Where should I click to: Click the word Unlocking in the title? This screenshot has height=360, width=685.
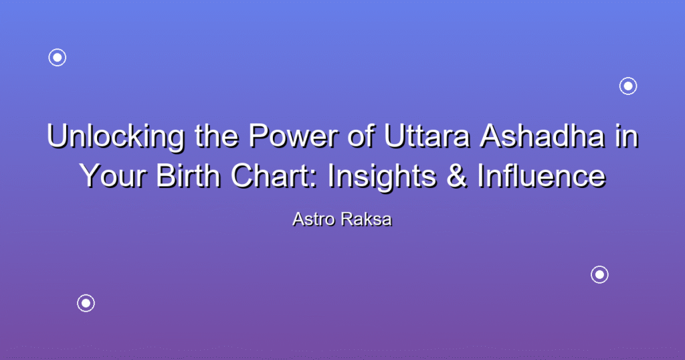(x=116, y=137)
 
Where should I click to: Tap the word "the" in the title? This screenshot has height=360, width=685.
(x=217, y=135)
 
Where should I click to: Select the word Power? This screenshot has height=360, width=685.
(x=294, y=135)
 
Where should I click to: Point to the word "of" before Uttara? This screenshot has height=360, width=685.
(x=361, y=135)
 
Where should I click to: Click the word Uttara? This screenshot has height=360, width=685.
(x=427, y=135)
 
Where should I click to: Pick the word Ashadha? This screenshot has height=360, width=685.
(x=542, y=135)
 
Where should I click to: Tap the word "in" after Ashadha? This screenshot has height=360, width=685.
(x=626, y=135)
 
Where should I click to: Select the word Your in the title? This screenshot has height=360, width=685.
(x=112, y=175)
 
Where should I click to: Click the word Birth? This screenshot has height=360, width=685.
(x=188, y=175)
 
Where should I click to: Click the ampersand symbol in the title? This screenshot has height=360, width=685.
(x=457, y=175)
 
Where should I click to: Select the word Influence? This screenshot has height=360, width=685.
(x=542, y=175)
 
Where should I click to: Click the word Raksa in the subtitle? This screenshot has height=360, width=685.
(x=367, y=219)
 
